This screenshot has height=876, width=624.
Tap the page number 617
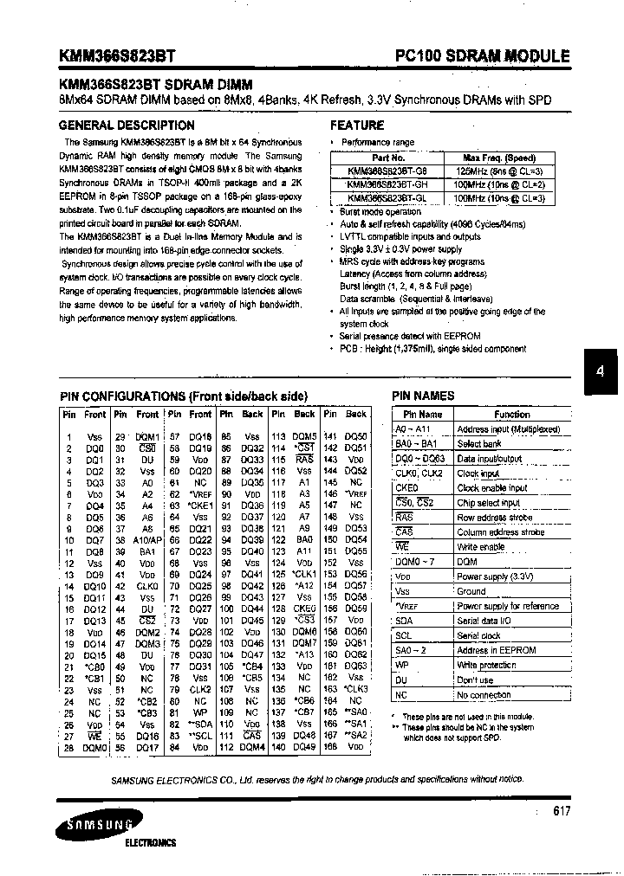562,811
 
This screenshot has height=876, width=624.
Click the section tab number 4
599,370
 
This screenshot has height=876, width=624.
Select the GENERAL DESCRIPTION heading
127,126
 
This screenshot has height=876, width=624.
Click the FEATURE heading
357,126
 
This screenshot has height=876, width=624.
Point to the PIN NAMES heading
423,396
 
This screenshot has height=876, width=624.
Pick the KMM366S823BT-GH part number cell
387,184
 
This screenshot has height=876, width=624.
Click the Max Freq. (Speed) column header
499,158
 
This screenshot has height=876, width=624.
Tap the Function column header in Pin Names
511,415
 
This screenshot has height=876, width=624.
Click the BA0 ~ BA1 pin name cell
416,444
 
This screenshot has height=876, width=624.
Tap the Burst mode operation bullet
380,212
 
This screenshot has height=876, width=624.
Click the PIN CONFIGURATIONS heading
183,396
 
